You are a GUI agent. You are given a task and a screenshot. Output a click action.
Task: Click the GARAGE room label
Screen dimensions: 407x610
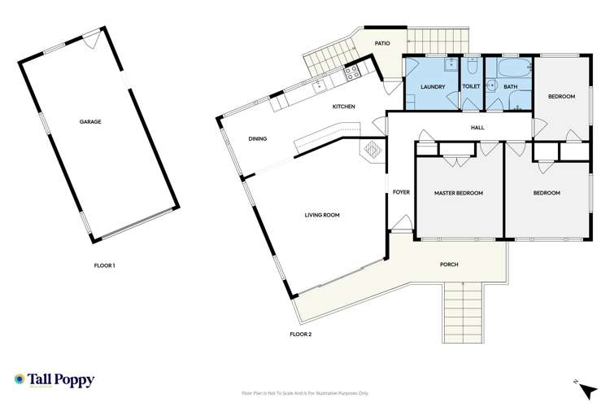pos(89,121)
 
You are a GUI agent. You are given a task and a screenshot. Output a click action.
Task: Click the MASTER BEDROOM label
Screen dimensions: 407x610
pos(458,193)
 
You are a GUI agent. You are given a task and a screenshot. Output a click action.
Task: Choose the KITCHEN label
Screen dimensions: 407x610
pos(344,107)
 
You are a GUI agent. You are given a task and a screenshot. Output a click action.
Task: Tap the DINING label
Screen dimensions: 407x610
pos(258,139)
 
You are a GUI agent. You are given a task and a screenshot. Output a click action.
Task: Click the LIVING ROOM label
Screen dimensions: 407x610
pos(322,215)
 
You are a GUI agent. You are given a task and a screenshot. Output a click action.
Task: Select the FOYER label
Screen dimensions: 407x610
pos(400,192)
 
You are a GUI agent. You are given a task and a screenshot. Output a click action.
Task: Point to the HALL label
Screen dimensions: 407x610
pos(477,128)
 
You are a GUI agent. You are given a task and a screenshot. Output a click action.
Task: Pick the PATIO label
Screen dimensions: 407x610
pos(382,43)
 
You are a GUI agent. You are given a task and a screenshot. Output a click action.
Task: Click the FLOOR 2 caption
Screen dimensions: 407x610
pos(301,334)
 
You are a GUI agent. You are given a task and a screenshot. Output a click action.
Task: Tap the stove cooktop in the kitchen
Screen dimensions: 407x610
pos(351,74)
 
